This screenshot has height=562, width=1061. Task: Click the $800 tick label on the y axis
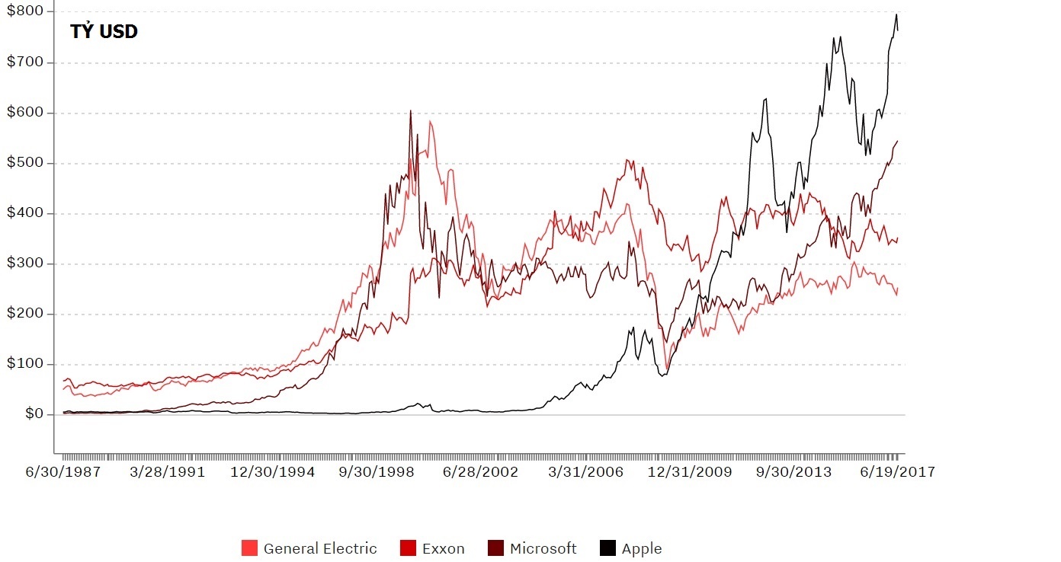point(25,11)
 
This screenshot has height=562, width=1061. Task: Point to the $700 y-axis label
point(25,62)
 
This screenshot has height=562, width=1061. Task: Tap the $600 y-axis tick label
point(25,113)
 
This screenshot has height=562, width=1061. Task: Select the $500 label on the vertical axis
point(25,163)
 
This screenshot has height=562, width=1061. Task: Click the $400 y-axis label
point(25,213)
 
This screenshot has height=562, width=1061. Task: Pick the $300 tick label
point(25,263)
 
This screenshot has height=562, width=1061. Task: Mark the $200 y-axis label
point(25,314)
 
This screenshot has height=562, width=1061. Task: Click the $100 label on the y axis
point(25,364)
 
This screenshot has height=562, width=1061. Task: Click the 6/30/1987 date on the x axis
point(63,472)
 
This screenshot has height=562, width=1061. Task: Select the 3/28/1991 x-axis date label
point(168,472)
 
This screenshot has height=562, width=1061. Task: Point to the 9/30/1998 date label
point(377,472)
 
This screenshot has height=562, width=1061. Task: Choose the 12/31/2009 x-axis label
point(689,472)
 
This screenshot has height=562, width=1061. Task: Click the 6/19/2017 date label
point(897,472)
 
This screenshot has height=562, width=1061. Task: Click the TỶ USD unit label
point(104,32)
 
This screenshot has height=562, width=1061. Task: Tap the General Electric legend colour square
point(249,548)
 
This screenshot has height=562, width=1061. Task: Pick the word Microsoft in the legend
point(543,548)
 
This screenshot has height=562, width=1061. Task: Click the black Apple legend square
point(607,548)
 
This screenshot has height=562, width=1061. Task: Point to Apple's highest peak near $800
point(896,14)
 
